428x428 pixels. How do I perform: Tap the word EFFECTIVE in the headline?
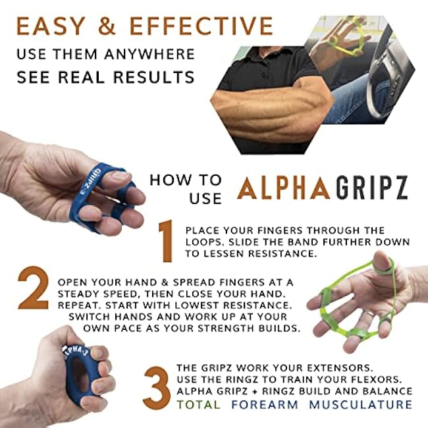click(x=201, y=26)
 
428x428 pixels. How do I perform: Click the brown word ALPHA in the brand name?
click(x=284, y=188)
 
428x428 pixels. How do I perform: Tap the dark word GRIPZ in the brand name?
click(x=371, y=188)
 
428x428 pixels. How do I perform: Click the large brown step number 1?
click(x=166, y=241)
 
